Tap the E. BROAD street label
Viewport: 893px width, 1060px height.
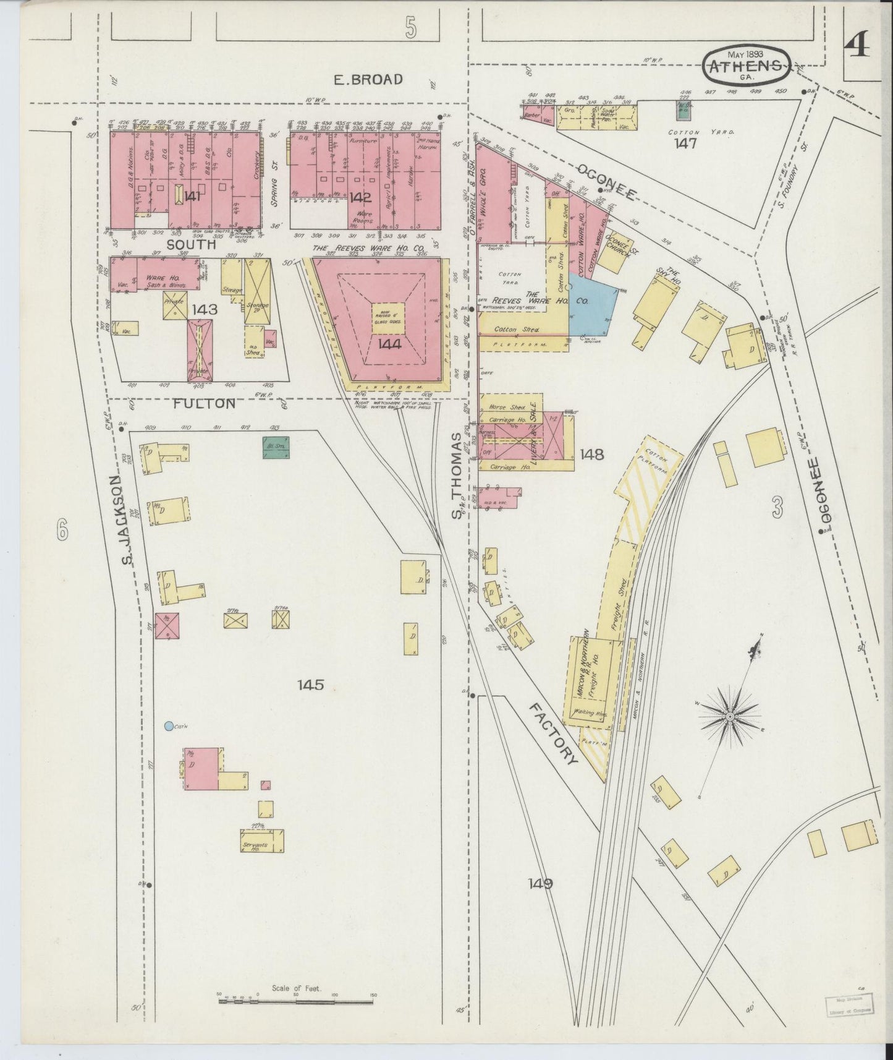coord(368,79)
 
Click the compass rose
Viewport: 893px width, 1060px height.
coord(730,716)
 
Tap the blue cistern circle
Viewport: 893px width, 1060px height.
coord(169,725)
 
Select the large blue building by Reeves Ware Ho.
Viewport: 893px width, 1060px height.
coord(592,304)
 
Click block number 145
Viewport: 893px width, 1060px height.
coord(311,685)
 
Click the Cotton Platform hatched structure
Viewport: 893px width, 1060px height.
coord(649,474)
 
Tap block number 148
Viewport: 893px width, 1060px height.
coord(591,455)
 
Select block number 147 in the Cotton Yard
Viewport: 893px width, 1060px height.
coord(686,143)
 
